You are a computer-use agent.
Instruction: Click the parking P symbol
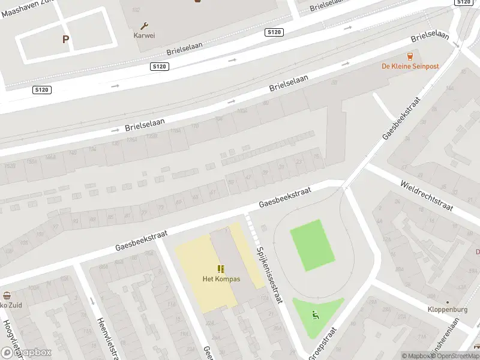pos(65,40)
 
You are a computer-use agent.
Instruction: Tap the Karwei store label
pos(144,35)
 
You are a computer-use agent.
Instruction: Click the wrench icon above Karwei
pos(144,26)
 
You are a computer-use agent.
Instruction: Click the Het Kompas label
pos(221,279)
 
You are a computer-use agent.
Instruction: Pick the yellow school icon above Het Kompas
pos(221,269)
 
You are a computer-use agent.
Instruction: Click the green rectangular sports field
pos(312,245)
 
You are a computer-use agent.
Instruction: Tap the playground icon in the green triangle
pos(316,314)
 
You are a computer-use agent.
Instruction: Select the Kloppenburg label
pos(447,310)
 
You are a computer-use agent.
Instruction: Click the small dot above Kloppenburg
pos(447,302)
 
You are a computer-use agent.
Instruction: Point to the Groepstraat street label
pos(322,343)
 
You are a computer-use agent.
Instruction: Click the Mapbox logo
pos(26,353)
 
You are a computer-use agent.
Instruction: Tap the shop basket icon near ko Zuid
pos(7,295)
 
